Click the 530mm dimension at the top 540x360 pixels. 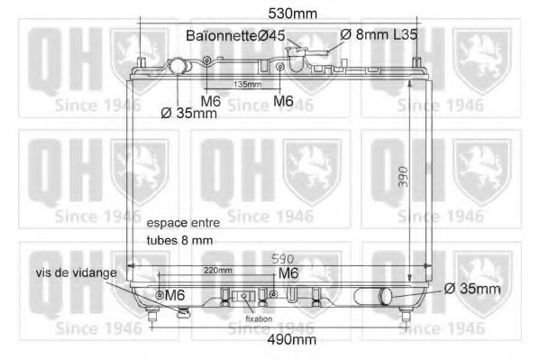point(293,13)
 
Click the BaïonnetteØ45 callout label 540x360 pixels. point(235,35)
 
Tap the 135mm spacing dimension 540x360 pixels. point(247,84)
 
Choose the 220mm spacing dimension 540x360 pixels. point(217,270)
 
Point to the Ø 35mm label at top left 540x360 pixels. point(188,114)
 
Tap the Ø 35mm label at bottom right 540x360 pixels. point(472,289)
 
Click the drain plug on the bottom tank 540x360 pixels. point(183,313)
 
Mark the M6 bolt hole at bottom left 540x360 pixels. point(160,295)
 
